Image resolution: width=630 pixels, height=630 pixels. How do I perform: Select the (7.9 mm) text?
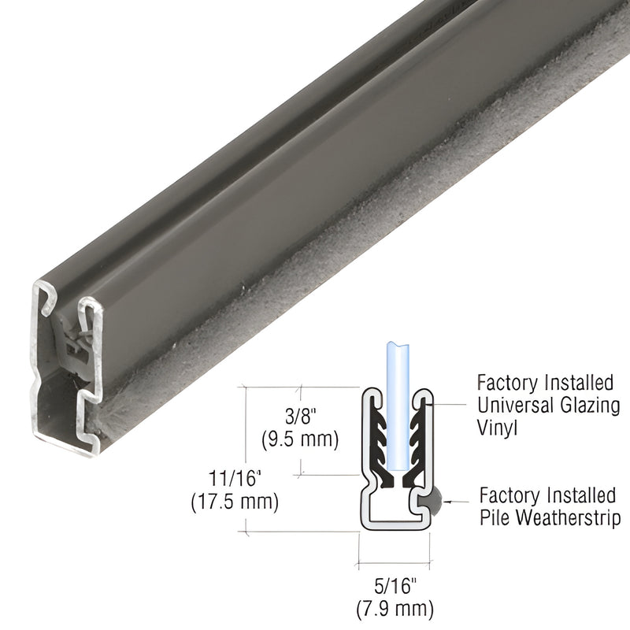pyautogui.click(x=394, y=607)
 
